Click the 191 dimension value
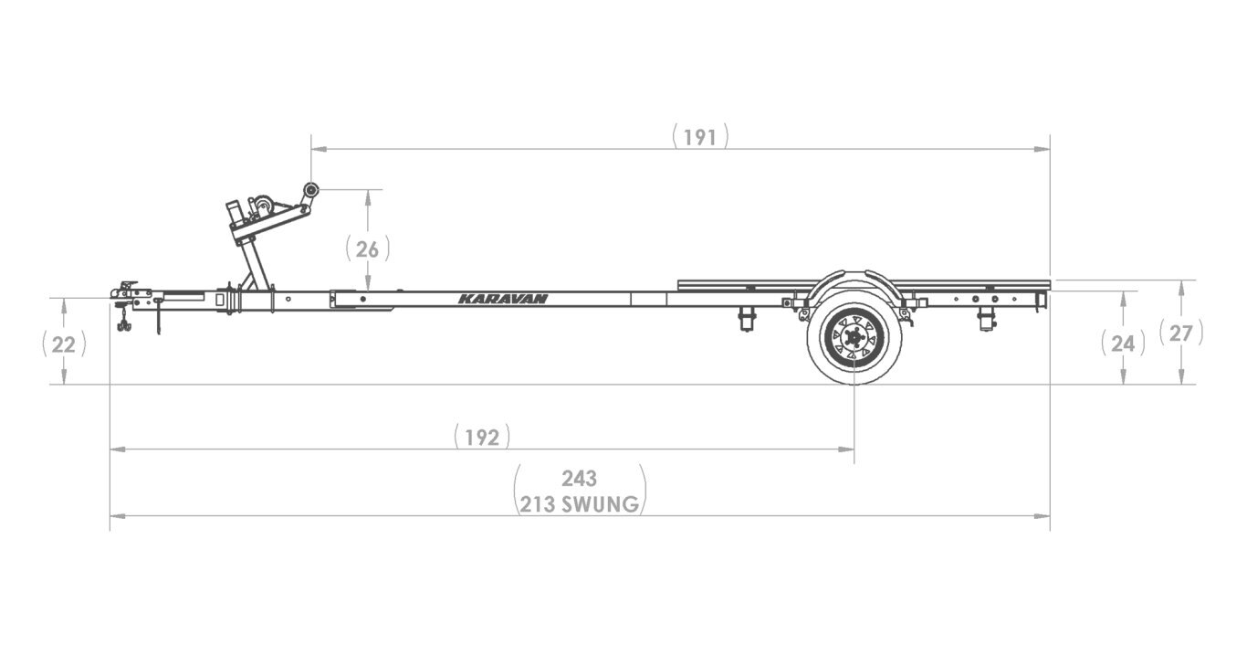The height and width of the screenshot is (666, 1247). click(x=700, y=137)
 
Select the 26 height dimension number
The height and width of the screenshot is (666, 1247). click(x=368, y=248)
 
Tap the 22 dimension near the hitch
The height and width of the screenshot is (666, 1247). click(x=64, y=344)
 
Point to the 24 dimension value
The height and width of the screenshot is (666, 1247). click(x=1123, y=344)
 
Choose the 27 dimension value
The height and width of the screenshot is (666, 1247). click(x=1180, y=333)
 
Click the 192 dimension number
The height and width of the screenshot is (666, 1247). click(x=481, y=438)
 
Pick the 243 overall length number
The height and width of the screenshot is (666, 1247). click(x=579, y=478)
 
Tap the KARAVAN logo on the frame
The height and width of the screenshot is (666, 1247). click(x=503, y=299)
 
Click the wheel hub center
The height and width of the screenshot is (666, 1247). click(x=854, y=338)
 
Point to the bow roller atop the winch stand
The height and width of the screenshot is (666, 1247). click(x=311, y=190)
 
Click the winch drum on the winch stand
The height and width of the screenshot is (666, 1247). click(x=263, y=206)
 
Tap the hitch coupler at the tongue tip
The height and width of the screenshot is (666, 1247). click(x=124, y=291)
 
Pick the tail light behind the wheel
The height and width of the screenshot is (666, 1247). click(x=986, y=318)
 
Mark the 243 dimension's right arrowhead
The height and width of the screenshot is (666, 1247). click(x=1043, y=516)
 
